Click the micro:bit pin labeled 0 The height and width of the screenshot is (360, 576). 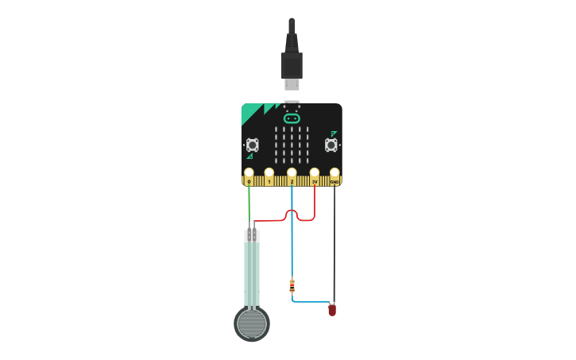[x=249, y=173]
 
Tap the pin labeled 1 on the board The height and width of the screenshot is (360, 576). [x=269, y=173]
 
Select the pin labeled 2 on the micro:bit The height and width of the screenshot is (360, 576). [x=292, y=173]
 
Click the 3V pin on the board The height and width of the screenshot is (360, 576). [x=315, y=173]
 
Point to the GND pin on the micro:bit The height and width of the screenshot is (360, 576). [x=334, y=173]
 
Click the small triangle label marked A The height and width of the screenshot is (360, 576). [x=249, y=157]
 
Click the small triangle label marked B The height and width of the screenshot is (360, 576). [x=334, y=134]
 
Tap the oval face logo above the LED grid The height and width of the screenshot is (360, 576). [x=292, y=118]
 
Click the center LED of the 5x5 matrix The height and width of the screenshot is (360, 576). [x=292, y=143]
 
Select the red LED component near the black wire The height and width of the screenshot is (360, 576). [x=332, y=310]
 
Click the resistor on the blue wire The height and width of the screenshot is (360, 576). [x=292, y=285]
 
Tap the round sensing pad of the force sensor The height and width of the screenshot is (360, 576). [x=252, y=323]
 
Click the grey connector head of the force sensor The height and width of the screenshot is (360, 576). [x=252, y=235]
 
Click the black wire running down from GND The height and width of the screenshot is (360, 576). [x=334, y=246]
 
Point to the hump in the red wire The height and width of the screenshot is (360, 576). [x=292, y=211]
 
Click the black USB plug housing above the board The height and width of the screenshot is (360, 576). [x=292, y=64]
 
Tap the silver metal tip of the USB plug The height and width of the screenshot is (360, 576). [x=292, y=83]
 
